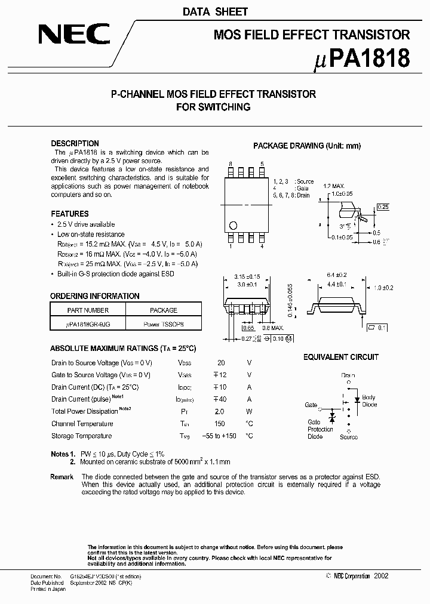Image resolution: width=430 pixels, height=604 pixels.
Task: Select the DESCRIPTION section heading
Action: (x=75, y=144)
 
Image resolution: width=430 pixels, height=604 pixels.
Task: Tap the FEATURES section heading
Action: (x=69, y=214)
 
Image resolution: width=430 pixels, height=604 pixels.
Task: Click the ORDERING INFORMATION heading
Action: (x=94, y=296)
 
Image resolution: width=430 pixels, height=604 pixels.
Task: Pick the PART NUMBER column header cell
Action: (x=88, y=310)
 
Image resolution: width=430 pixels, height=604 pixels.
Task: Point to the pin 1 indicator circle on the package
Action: (x=234, y=225)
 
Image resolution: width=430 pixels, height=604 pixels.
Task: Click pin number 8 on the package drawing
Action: (x=231, y=164)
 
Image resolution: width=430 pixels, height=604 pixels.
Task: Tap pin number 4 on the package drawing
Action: (x=262, y=246)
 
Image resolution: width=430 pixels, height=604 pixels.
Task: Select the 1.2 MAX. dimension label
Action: (x=335, y=186)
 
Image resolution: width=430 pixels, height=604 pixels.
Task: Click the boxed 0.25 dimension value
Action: (x=383, y=207)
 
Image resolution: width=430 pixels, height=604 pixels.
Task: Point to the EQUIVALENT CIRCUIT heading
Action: (x=340, y=357)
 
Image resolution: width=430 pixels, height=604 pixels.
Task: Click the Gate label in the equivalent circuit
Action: (x=311, y=405)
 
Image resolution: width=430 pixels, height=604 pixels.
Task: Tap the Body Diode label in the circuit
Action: (x=369, y=400)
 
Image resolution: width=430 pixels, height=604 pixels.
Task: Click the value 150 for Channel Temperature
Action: (x=219, y=424)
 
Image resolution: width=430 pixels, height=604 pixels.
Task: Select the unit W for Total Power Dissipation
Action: (x=250, y=411)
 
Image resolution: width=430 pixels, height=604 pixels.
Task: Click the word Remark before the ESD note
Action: (x=62, y=477)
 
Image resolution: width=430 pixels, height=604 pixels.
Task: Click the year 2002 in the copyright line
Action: (x=381, y=576)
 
